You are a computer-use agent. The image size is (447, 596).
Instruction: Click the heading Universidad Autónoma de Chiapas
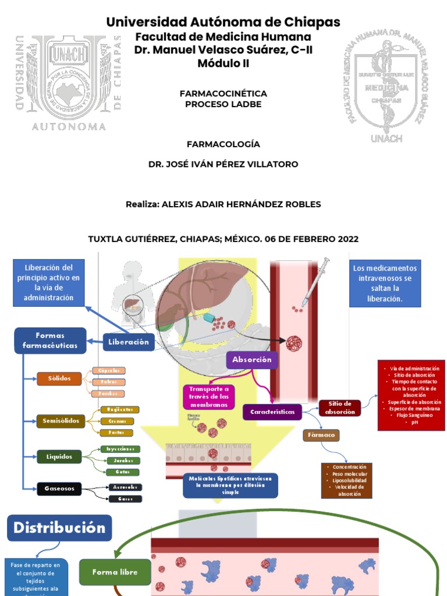[x=223, y=23]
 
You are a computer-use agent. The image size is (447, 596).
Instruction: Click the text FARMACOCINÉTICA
[x=223, y=93]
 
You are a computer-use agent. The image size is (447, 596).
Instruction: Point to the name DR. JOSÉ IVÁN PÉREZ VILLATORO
[x=223, y=164]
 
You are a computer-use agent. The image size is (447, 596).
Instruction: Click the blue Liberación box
[x=129, y=342]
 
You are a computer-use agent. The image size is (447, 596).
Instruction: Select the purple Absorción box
[x=252, y=360]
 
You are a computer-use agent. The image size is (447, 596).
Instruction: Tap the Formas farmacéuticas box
[x=50, y=340]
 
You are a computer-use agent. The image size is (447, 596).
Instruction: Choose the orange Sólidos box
[x=59, y=379]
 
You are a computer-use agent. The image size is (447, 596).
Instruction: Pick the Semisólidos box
[x=61, y=420]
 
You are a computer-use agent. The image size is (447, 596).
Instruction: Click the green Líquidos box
[x=59, y=457]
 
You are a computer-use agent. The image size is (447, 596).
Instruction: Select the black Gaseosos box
[x=59, y=489]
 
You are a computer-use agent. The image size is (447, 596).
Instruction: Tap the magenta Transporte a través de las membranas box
[x=208, y=397]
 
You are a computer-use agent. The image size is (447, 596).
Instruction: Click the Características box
[x=272, y=412]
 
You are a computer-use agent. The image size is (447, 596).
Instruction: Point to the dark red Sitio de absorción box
[x=339, y=408]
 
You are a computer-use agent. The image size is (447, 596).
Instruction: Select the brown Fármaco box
[x=321, y=435]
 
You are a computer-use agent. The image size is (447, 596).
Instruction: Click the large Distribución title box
[x=59, y=528]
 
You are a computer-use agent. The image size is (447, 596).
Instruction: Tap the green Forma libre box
[x=115, y=572]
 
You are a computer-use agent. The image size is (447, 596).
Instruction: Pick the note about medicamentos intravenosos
[x=385, y=283]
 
